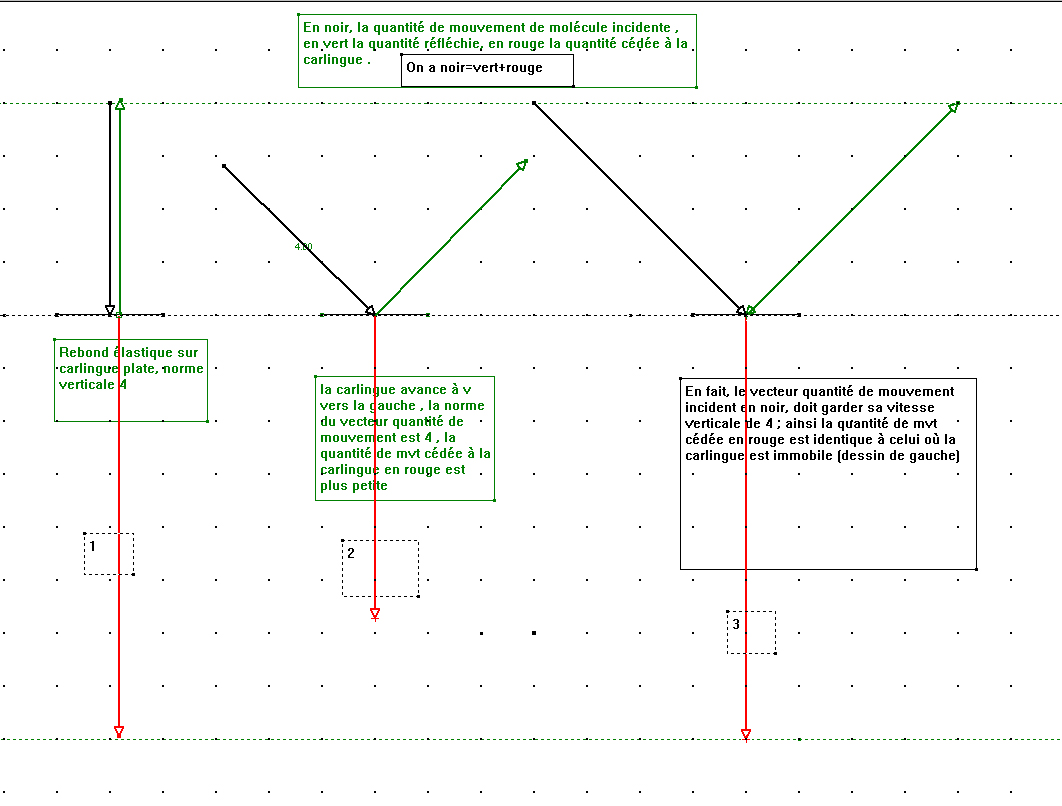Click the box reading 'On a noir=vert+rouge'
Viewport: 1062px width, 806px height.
pyautogui.click(x=487, y=70)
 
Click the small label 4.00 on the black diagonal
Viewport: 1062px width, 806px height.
pyautogui.click(x=303, y=246)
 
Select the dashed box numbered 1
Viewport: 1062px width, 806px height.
pyautogui.click(x=108, y=554)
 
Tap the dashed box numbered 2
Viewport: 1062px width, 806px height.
pyautogui.click(x=380, y=568)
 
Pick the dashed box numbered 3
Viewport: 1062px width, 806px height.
pyautogui.click(x=751, y=632)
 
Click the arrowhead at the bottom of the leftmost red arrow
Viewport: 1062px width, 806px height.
pyautogui.click(x=119, y=731)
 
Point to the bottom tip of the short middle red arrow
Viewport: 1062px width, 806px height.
pyautogui.click(x=375, y=613)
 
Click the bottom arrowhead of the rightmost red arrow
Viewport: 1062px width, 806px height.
pyautogui.click(x=746, y=734)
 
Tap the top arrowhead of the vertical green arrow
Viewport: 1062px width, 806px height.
pyautogui.click(x=120, y=104)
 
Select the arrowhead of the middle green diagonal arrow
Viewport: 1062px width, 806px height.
pyautogui.click(x=521, y=166)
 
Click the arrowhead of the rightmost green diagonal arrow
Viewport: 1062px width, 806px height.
pyautogui.click(x=953, y=107)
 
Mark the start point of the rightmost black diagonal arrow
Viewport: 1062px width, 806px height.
pyautogui.click(x=535, y=103)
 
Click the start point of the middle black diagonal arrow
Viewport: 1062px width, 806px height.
pyautogui.click(x=224, y=166)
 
